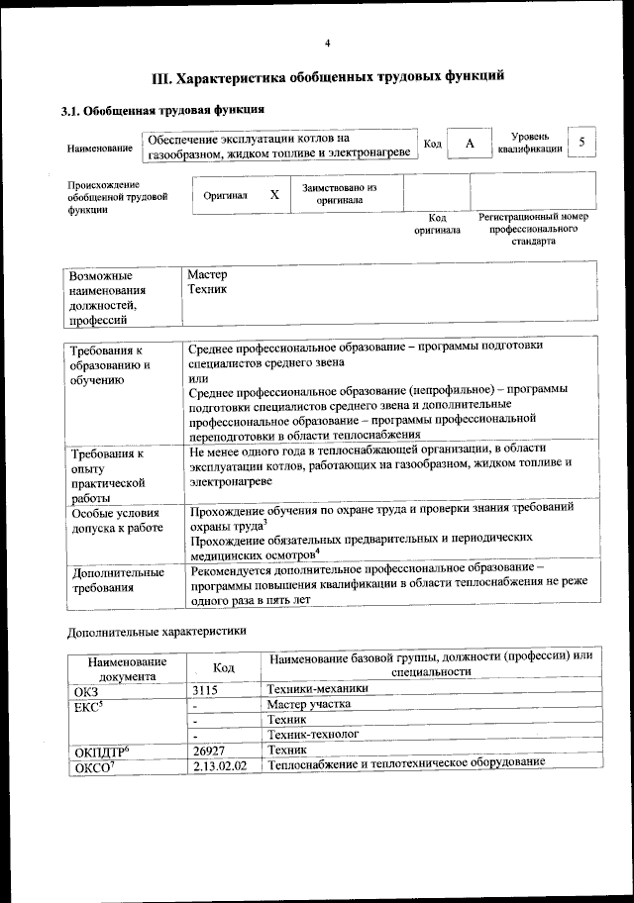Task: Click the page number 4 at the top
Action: click(x=327, y=43)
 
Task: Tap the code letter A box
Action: click(x=471, y=145)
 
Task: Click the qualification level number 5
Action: click(x=582, y=143)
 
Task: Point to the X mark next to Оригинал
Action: click(x=274, y=195)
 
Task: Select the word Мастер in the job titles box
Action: click(x=207, y=274)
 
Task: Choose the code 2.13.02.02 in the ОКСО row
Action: click(x=220, y=767)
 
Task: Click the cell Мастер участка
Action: click(x=309, y=705)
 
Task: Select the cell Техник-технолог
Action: click(x=313, y=736)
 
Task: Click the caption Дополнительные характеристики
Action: click(x=156, y=631)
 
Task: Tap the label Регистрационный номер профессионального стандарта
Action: click(x=533, y=229)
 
